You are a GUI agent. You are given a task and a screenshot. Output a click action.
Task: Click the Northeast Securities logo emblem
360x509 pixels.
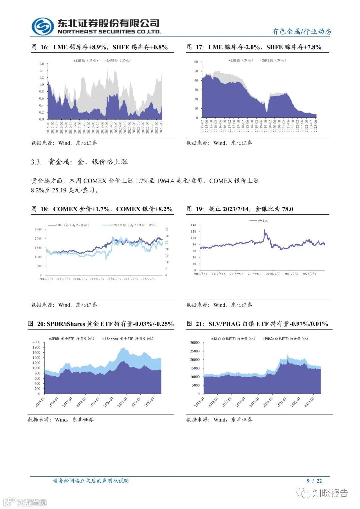(43, 26)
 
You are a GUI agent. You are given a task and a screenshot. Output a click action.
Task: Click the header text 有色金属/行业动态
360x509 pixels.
(301, 32)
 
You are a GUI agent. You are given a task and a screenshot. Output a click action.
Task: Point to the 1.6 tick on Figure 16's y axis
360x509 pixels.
(41, 64)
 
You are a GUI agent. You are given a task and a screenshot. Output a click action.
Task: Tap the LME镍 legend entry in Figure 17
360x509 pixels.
(241, 61)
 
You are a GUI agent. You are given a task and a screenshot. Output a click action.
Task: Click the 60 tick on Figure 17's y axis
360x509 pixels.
(196, 62)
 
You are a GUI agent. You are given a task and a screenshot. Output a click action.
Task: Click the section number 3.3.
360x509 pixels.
(36, 162)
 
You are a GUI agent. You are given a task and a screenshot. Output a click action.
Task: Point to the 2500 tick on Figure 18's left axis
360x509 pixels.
(38, 229)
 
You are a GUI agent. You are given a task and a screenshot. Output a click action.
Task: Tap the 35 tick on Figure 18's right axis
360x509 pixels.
(167, 229)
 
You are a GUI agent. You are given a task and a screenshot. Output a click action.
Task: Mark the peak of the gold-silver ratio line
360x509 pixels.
(264, 230)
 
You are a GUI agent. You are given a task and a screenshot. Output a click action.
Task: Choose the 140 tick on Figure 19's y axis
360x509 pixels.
(193, 225)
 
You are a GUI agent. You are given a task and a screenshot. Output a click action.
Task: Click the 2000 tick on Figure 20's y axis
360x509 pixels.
(36, 342)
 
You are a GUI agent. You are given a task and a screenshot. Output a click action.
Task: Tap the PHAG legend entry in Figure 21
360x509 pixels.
(286, 339)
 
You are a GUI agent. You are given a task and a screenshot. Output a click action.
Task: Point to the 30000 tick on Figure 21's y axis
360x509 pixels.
(195, 343)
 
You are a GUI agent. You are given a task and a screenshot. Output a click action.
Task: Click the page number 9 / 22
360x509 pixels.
(314, 481)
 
